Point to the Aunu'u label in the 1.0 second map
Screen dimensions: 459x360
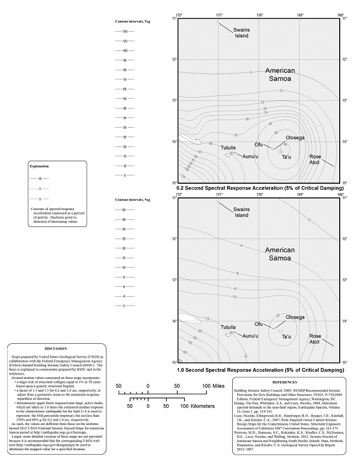pos(250,336)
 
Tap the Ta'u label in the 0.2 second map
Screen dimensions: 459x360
pos(285,157)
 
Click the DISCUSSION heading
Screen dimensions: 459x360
pos(55,348)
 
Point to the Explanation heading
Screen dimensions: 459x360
pos(39,166)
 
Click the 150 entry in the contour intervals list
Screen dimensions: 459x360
pos(125,31)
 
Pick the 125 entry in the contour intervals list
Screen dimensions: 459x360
pos(125,41)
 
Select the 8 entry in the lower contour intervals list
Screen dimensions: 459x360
pos(125,277)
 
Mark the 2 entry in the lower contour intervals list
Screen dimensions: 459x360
pos(125,305)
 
